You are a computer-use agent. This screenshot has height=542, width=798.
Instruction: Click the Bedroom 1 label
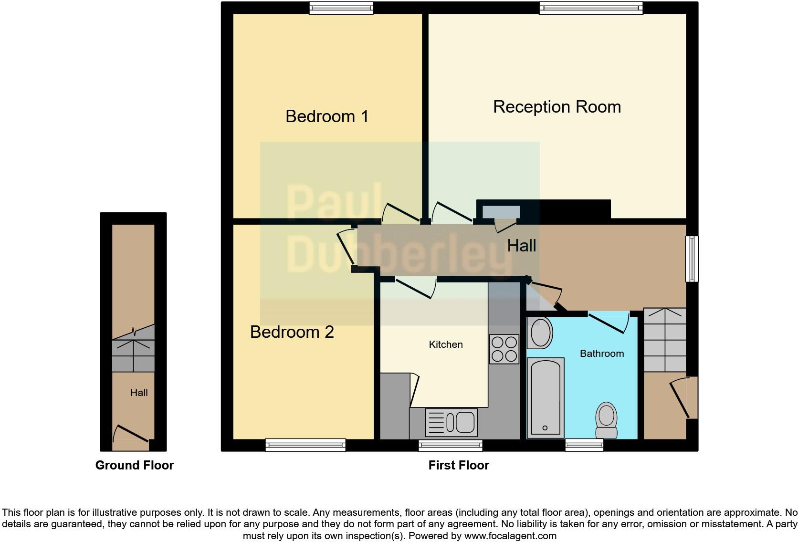(x=327, y=116)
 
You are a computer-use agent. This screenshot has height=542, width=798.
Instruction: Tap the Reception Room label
(x=556, y=107)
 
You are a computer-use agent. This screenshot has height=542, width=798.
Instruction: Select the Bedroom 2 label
(x=292, y=332)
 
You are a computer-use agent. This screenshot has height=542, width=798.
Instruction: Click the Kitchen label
(x=445, y=344)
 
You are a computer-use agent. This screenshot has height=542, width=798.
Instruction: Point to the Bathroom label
(x=601, y=354)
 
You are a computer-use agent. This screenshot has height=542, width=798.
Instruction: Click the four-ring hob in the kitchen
(x=504, y=349)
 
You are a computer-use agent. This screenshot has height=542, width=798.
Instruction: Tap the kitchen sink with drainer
(x=451, y=422)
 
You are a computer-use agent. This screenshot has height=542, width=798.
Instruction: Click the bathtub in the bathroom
(x=545, y=397)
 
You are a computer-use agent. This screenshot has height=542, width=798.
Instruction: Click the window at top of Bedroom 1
(x=341, y=8)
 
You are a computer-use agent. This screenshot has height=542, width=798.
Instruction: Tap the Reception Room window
(x=591, y=8)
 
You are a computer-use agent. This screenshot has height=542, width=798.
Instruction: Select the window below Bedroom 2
(x=305, y=445)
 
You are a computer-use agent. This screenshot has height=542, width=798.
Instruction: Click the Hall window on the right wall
(x=692, y=259)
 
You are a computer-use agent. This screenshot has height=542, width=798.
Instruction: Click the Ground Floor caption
(x=134, y=465)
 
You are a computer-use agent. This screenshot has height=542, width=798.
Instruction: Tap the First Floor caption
(x=458, y=465)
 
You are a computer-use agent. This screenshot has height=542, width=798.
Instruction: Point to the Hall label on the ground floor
(x=139, y=393)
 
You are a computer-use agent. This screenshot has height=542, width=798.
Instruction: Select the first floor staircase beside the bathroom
(x=664, y=340)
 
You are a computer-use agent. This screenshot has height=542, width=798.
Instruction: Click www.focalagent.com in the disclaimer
(x=510, y=536)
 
